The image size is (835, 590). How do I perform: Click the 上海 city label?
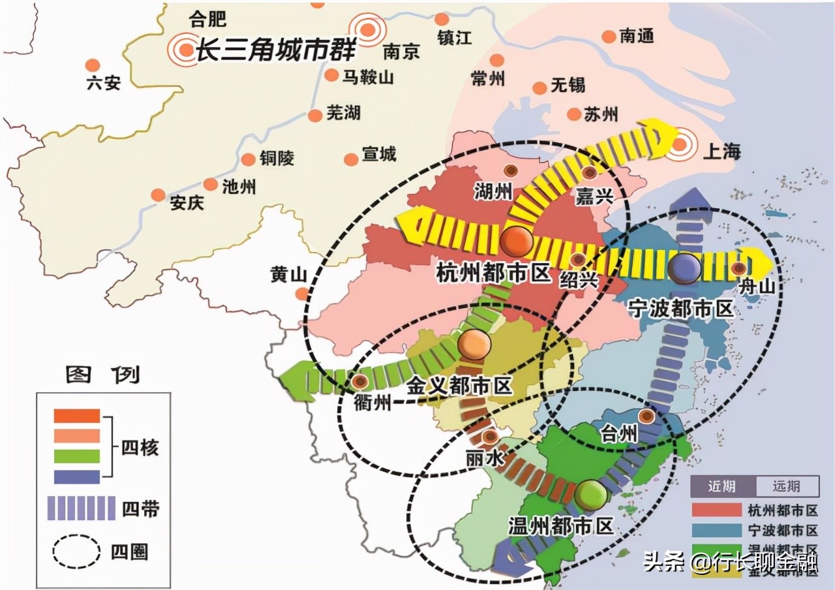pos(723,151)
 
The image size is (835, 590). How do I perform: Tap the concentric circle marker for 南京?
pos(367,29)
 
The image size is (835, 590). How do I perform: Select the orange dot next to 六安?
pos(93,65)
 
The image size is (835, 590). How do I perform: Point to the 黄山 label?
pos(288,275)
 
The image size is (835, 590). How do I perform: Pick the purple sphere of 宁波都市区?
pos(684,267)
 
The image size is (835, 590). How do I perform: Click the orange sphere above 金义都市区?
pos(474,345)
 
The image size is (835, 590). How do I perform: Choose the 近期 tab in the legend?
pos(723,486)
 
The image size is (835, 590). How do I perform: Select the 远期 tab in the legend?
pos(787,486)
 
